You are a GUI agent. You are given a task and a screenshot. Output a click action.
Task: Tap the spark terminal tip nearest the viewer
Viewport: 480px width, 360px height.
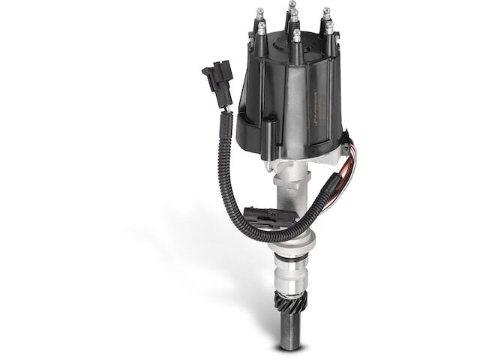click(297, 34)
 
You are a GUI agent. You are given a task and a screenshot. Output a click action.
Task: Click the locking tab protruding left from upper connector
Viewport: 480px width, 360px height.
click(205, 73)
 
